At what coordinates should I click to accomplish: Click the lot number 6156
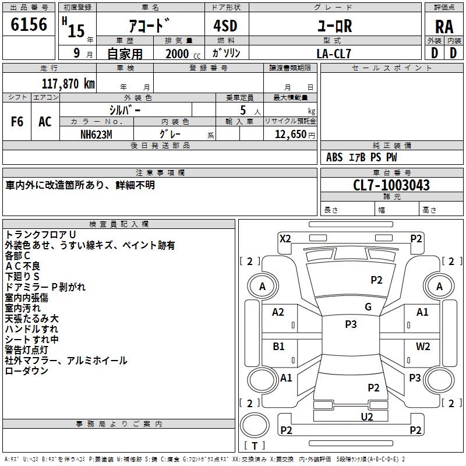tap(29, 24)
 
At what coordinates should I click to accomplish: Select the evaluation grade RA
tap(444, 27)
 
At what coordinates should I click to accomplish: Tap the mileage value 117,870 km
tap(68, 84)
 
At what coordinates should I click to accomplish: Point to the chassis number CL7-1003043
tap(391, 185)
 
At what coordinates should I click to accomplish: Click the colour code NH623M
tap(96, 135)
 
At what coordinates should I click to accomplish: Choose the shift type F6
tap(17, 122)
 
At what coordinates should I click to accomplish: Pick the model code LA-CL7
tap(334, 54)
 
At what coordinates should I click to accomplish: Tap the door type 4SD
tap(225, 26)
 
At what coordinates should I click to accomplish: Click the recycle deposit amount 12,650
tap(291, 135)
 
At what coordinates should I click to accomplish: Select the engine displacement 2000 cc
tap(183, 54)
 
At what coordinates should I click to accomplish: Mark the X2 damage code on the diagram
tap(285, 239)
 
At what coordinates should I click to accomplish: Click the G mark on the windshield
tap(368, 307)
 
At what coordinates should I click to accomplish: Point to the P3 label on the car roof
tap(351, 324)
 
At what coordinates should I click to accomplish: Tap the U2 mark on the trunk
tap(367, 416)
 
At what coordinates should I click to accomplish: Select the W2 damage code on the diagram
tap(423, 346)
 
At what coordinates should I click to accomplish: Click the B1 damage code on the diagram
tap(278, 346)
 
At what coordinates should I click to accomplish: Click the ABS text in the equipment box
tap(334, 157)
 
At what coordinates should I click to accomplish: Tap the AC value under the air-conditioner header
tap(45, 122)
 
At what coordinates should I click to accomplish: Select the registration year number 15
tap(76, 31)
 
